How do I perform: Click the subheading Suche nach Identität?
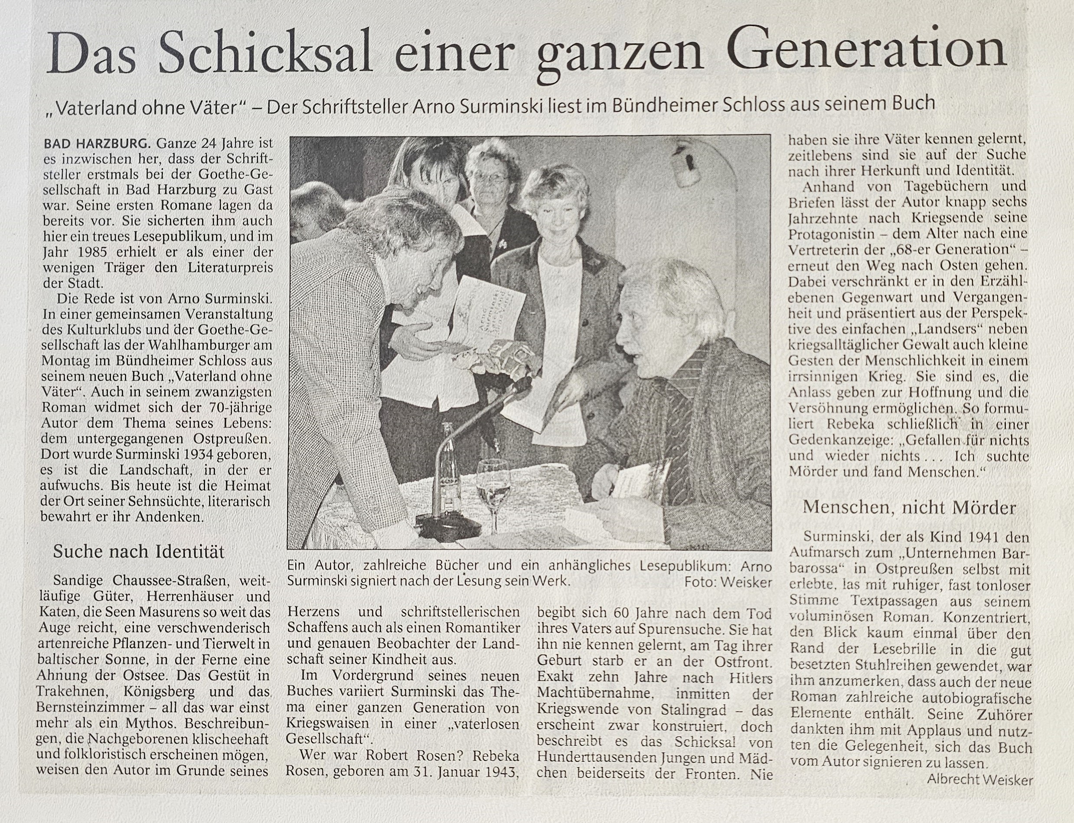(139, 552)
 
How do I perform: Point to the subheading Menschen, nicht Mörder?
(909, 508)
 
